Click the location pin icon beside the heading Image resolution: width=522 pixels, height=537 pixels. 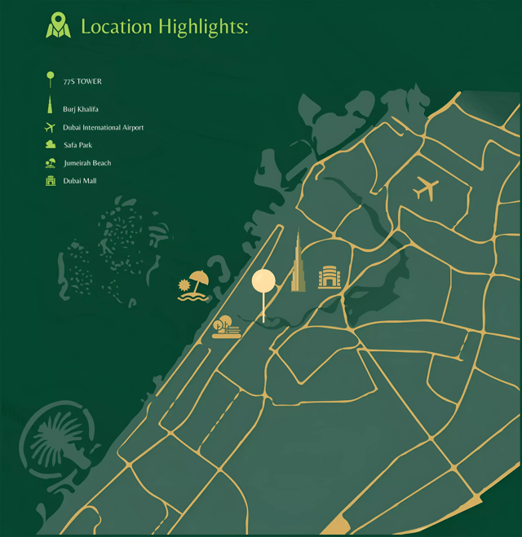[58, 25]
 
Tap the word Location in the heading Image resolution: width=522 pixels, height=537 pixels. [117, 26]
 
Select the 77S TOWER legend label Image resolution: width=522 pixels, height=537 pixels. [82, 81]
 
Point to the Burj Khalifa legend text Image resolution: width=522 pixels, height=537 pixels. [81, 109]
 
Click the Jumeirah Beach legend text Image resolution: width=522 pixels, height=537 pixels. [86, 163]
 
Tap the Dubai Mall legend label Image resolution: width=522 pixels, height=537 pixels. [80, 181]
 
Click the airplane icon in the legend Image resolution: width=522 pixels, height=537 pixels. [50, 128]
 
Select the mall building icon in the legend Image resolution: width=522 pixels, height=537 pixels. [51, 181]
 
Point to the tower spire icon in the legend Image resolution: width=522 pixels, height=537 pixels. [51, 107]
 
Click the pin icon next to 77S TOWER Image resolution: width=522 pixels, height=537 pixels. [51, 80]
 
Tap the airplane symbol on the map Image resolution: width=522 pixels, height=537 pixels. [425, 188]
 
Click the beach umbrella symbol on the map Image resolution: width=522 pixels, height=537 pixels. [194, 285]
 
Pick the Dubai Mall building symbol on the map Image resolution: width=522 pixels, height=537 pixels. [329, 277]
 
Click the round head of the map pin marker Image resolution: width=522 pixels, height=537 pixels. [263, 281]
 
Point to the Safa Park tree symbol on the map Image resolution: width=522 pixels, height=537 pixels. [225, 327]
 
